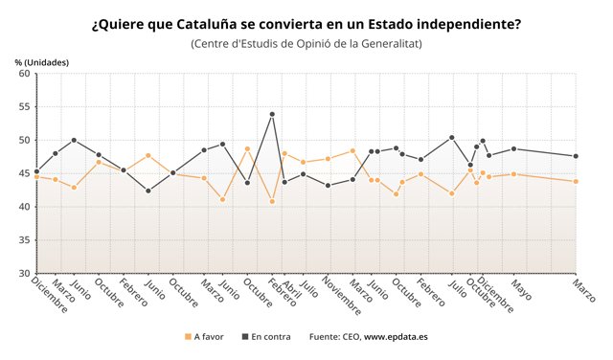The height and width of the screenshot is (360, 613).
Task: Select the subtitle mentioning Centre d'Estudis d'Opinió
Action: (306, 44)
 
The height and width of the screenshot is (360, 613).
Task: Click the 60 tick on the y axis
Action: (25, 73)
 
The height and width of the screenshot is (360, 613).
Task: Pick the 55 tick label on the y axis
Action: (25, 106)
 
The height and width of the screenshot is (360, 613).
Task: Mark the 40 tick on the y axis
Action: (25, 207)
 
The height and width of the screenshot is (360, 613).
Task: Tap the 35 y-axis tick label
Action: (25, 240)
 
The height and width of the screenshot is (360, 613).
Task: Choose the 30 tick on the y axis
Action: (25, 274)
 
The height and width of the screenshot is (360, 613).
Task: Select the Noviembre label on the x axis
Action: (341, 296)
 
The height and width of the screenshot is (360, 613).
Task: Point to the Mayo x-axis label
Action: (520, 289)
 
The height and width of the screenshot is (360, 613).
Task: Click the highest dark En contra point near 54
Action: (273, 114)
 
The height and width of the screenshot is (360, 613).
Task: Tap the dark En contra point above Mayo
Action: (514, 148)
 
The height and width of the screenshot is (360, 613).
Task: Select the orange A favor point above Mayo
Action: (514, 174)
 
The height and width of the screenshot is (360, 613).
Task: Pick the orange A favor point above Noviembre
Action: (329, 159)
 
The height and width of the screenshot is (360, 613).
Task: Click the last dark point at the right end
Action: (576, 156)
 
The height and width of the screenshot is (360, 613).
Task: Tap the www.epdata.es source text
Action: (396, 336)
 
